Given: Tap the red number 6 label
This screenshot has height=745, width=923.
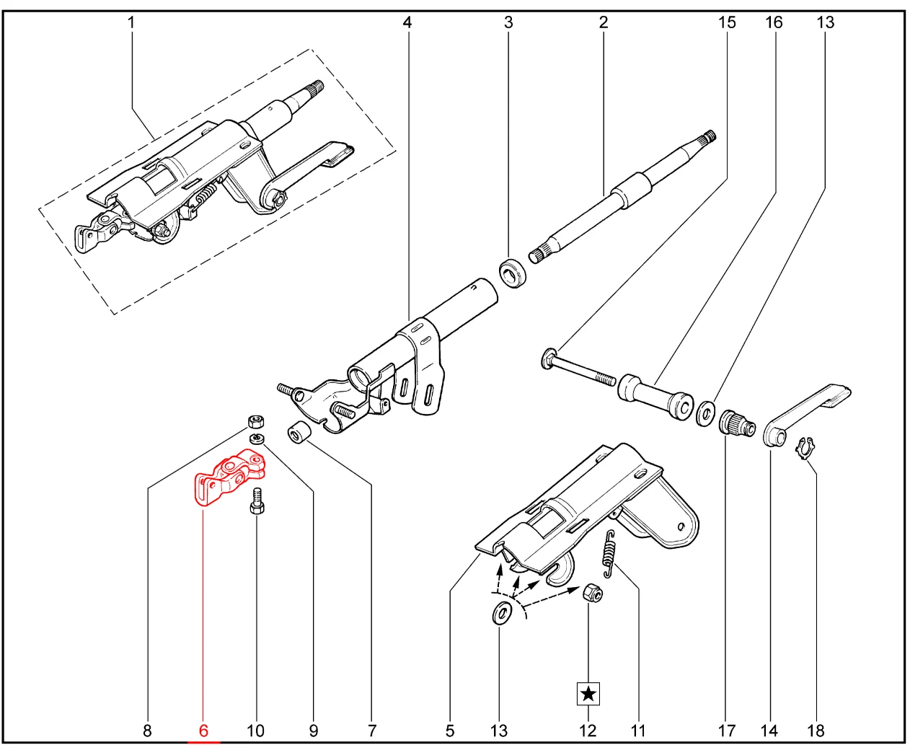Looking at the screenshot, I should tap(203, 731).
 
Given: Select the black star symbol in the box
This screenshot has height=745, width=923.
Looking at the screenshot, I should tap(588, 694).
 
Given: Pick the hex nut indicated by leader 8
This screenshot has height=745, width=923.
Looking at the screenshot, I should tap(254, 420).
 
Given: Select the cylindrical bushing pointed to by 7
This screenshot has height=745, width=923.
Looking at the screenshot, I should tap(299, 434).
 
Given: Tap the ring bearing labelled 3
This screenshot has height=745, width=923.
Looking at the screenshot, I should tap(513, 273).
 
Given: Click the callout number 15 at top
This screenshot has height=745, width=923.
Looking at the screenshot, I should tap(727, 22).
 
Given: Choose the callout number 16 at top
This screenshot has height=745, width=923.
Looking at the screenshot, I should tap(774, 22).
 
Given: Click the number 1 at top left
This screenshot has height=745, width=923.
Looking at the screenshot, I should tap(131, 22).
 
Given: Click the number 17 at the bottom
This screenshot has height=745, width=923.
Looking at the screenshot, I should tap(726, 731).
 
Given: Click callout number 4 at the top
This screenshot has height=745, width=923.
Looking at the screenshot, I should tap(407, 22).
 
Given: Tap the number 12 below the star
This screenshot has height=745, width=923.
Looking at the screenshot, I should tap(588, 731).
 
